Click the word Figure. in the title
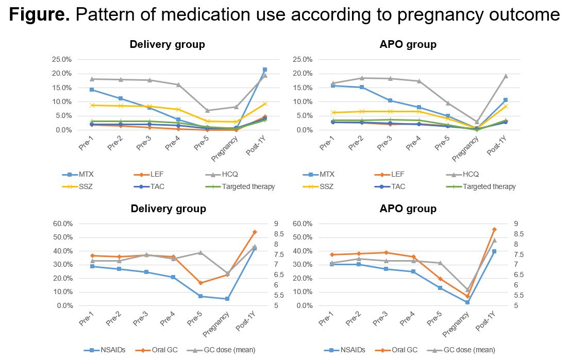pos(39,14)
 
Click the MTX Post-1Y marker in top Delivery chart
pos(265,70)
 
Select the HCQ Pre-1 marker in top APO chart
pos(333,83)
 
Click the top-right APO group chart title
pos(407,44)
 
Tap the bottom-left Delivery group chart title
pos(167,209)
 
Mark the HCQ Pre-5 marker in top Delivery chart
pos(207,110)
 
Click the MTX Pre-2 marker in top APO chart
pos(362,87)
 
